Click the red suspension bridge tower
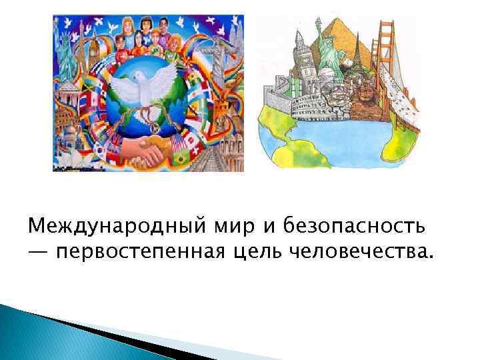[x=386, y=41]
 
